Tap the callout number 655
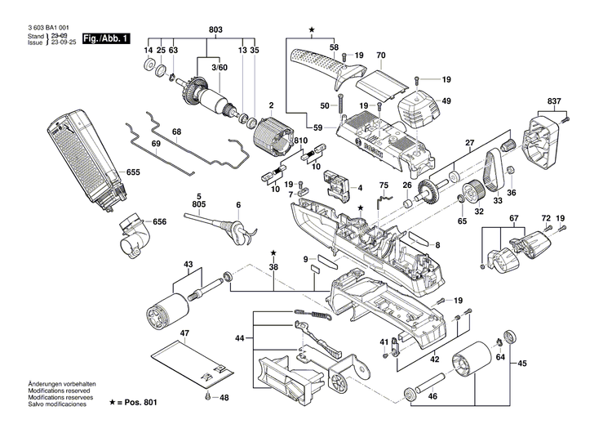click(133, 173)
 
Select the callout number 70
click(380, 56)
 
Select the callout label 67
click(513, 218)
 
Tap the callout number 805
click(198, 203)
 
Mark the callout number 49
click(446, 100)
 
